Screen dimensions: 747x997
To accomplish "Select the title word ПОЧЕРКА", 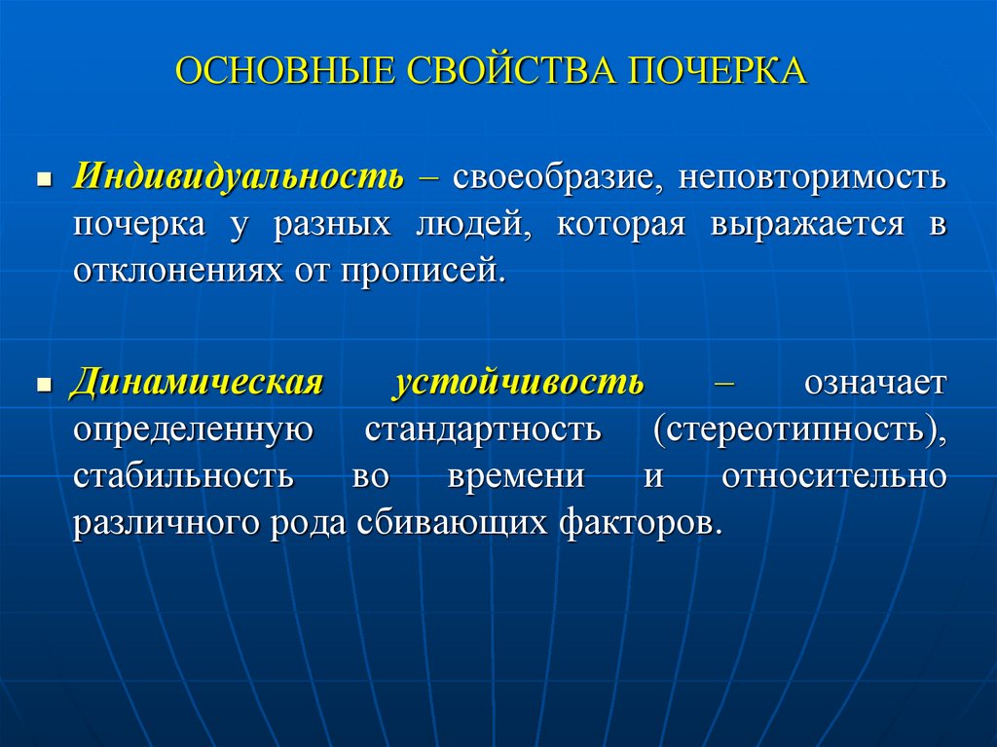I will [x=720, y=72].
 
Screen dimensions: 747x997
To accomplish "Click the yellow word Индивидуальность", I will [x=238, y=177].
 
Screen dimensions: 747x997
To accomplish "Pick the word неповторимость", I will [x=812, y=178].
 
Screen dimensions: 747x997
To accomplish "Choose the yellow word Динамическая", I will [x=196, y=383].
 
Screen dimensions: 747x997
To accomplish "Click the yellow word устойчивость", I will [x=518, y=383].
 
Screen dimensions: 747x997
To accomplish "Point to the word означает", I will [x=874, y=383].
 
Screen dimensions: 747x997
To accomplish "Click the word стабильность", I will [x=182, y=476].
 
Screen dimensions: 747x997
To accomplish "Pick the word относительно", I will [x=834, y=476].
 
